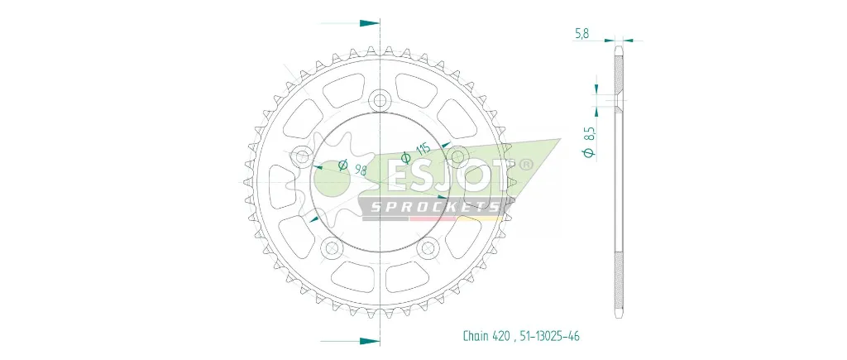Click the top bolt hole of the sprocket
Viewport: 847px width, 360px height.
[380, 100]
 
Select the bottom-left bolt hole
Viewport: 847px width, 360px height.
[331, 248]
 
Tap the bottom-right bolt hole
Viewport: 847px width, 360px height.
[428, 248]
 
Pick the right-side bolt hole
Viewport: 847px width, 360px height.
[458, 156]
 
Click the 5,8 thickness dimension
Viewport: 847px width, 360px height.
[581, 33]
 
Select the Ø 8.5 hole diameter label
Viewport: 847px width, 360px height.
[589, 142]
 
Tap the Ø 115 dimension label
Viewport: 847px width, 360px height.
[415, 153]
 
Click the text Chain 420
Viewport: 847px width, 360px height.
[484, 336]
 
